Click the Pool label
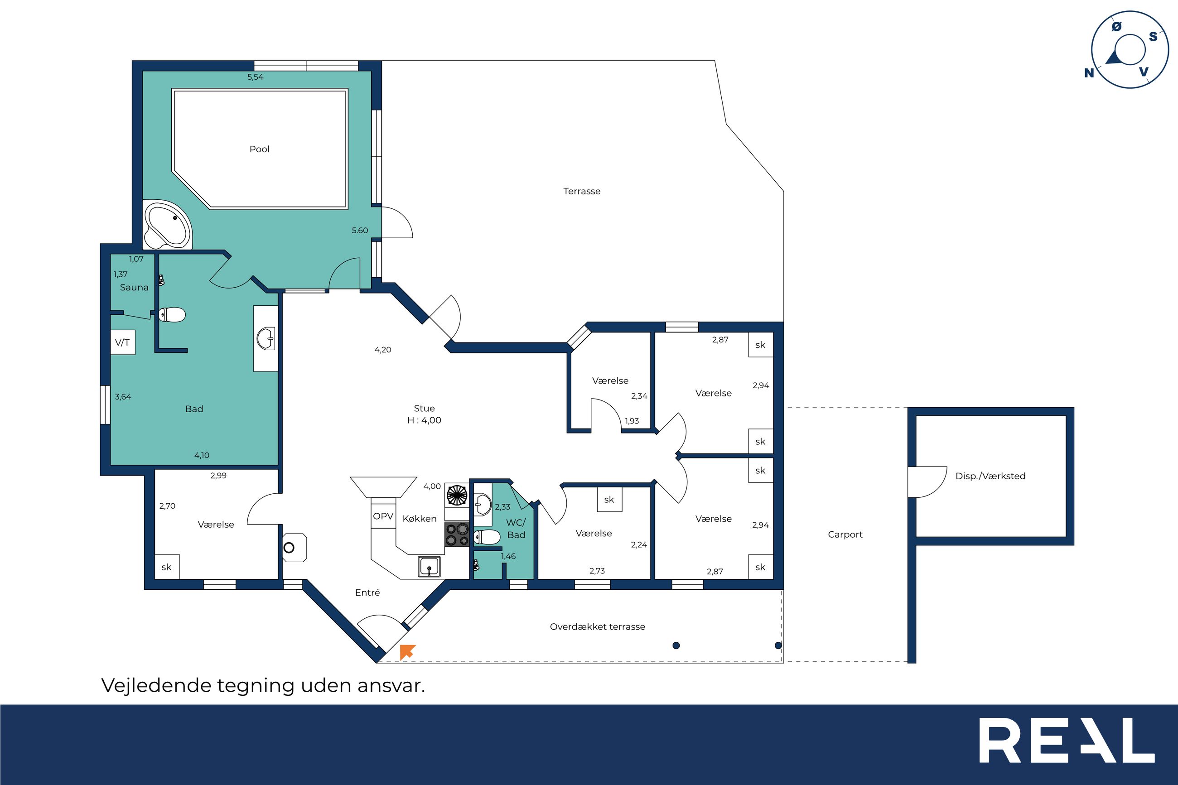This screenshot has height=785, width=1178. click(x=259, y=149)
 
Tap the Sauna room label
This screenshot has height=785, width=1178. click(x=134, y=287)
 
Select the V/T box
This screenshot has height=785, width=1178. click(x=123, y=342)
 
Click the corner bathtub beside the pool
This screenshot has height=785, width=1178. click(x=167, y=225)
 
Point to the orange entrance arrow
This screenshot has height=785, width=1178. click(x=407, y=651)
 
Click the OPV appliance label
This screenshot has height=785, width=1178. click(x=383, y=516)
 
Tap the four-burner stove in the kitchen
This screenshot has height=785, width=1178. click(x=457, y=534)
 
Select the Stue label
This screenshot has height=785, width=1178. click(x=425, y=409)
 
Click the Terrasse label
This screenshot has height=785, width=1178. click(x=582, y=191)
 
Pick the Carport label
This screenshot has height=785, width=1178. click(x=845, y=535)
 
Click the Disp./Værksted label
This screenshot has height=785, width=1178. click(x=990, y=476)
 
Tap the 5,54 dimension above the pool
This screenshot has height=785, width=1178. click(x=256, y=77)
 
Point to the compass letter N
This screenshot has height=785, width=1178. click(x=1089, y=73)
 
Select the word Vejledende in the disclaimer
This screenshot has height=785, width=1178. click(x=156, y=685)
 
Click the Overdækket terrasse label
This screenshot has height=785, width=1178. click(x=597, y=627)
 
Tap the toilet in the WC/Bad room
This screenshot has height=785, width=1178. click(x=487, y=537)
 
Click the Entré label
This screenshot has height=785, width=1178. click(x=367, y=593)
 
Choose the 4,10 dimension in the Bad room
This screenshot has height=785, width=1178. click(x=202, y=456)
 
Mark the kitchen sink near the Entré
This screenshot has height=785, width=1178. click(x=430, y=567)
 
